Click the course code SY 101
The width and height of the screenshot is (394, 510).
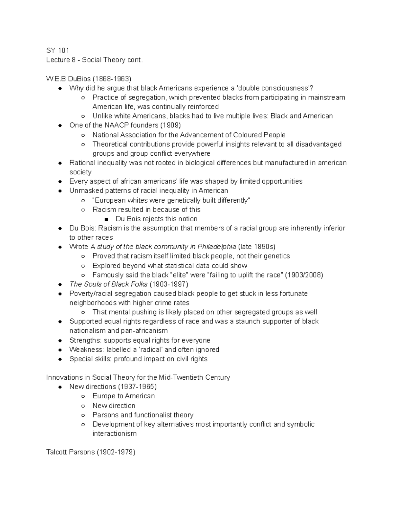pyautogui.click(x=58, y=50)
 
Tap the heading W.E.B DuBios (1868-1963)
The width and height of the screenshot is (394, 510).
pyautogui.click(x=89, y=79)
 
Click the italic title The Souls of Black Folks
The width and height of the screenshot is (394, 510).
pyautogui.click(x=108, y=284)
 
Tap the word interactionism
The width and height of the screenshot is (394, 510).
pyautogui.click(x=114, y=433)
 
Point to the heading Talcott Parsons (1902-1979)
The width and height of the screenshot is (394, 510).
pyautogui.click(x=91, y=452)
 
